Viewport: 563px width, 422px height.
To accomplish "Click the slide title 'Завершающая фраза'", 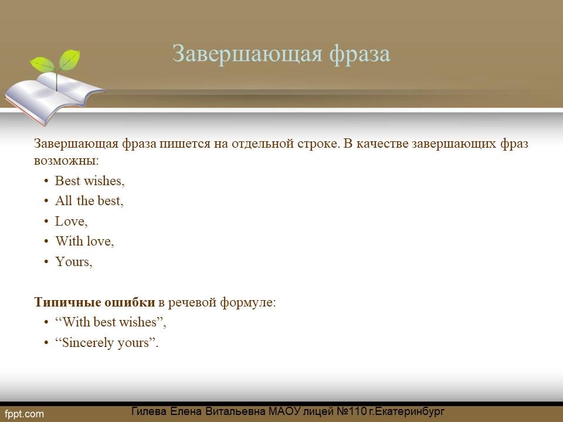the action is tap(281, 54).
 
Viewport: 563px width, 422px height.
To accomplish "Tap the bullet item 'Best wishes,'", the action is tap(90, 181).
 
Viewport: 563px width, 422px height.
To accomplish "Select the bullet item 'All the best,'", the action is tap(89, 201).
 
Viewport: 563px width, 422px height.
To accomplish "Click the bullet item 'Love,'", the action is tap(71, 222).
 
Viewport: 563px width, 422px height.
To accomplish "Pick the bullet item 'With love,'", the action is tap(84, 241).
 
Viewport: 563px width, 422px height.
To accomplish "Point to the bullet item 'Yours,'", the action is tap(74, 261).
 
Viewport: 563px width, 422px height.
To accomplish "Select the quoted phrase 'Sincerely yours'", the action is tap(106, 343).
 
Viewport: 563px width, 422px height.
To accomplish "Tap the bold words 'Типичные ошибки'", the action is tap(94, 302).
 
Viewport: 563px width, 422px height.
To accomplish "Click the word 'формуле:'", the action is tap(247, 302).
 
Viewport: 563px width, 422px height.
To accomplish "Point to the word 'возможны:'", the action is tap(66, 160).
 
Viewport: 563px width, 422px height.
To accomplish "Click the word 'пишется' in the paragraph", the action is tap(185, 144).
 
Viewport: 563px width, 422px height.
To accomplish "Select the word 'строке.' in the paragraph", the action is tap(318, 144).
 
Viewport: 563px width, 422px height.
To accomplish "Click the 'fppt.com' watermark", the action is tap(24, 414).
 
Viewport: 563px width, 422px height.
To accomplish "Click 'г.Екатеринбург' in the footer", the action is tap(407, 411).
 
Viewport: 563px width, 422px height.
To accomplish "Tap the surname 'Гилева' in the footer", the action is tap(148, 411).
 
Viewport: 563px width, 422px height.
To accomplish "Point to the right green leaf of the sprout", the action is tap(70, 59).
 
